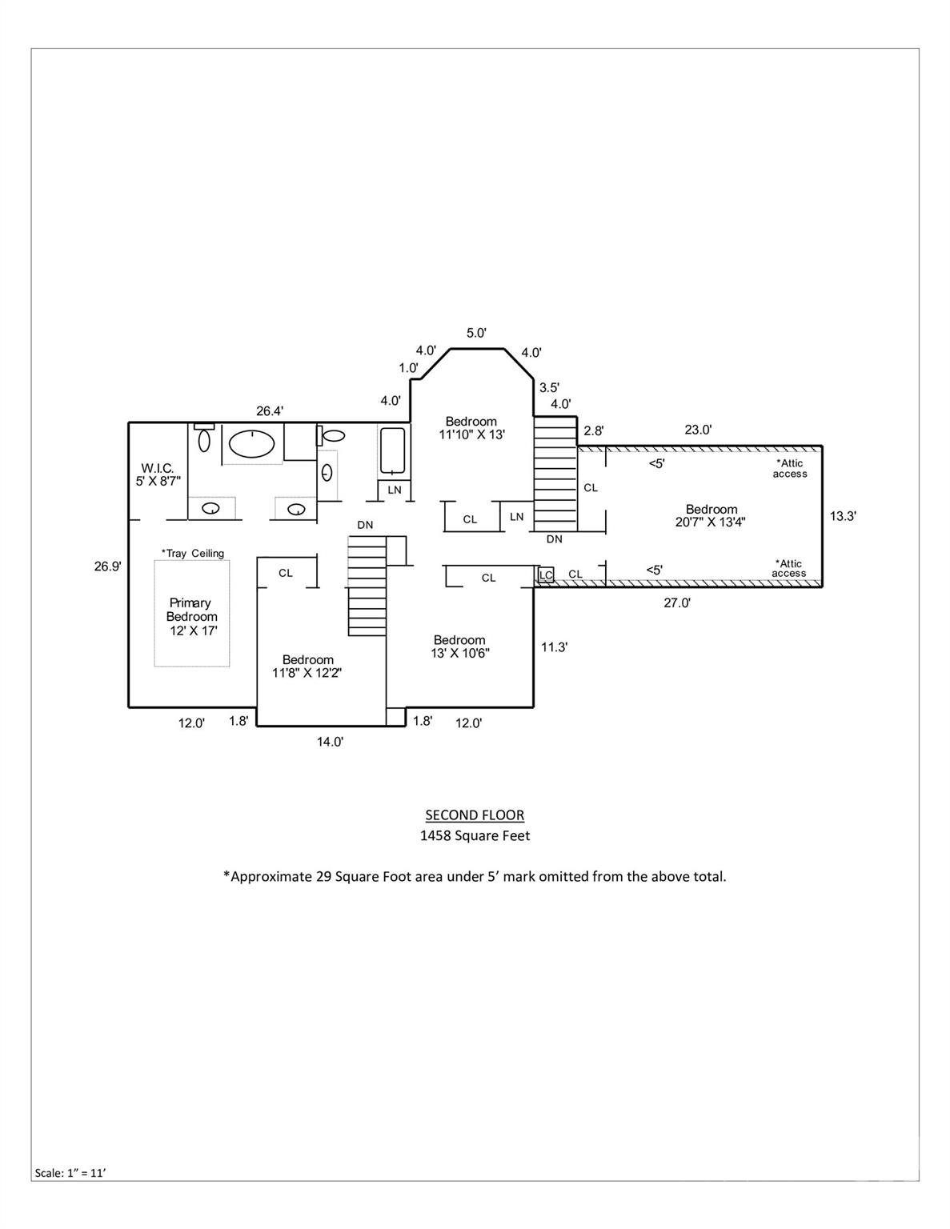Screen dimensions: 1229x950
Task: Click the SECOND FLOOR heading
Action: click(x=475, y=815)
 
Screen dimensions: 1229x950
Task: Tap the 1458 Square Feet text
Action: click(x=475, y=835)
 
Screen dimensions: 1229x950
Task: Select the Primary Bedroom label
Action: click(x=191, y=616)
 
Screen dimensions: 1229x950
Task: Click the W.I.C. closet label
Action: click(x=158, y=474)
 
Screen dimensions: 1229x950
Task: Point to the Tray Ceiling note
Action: click(x=192, y=553)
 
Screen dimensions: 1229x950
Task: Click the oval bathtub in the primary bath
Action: click(x=251, y=443)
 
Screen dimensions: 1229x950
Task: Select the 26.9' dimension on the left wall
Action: click(x=107, y=566)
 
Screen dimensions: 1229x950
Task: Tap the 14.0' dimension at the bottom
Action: click(x=330, y=742)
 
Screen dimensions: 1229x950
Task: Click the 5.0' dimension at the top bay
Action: click(x=476, y=333)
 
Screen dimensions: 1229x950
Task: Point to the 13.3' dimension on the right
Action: click(x=842, y=516)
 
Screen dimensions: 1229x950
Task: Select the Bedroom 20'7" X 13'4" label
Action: click(x=711, y=515)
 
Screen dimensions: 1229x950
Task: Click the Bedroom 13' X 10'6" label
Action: click(x=459, y=646)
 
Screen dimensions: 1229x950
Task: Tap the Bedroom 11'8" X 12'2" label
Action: click(x=307, y=667)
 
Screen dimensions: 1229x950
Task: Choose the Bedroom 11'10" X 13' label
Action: click(x=471, y=427)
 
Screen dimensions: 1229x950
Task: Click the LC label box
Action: click(x=545, y=574)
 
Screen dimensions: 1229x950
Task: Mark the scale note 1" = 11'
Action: click(x=70, y=1173)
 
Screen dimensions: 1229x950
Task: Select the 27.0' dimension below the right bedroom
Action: click(x=676, y=603)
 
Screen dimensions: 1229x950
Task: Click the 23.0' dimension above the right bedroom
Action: click(x=698, y=430)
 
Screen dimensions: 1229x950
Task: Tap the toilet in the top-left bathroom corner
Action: click(x=204, y=438)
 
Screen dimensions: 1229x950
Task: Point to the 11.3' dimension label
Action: click(x=554, y=647)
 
